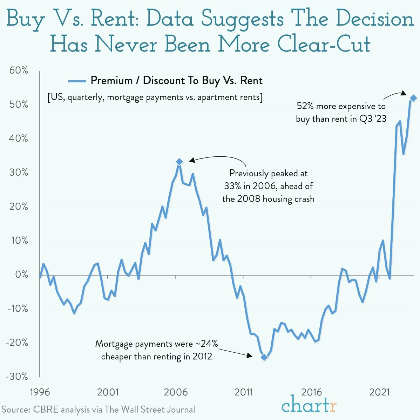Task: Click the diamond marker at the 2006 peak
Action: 179,162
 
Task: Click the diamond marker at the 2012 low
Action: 264,357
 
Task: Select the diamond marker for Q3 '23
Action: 413,98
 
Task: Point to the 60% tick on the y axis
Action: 18,70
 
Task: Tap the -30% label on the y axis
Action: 17,377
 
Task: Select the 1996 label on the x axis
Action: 40,392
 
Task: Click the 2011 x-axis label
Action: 243,392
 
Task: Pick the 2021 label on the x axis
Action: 379,392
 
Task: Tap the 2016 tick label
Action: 311,392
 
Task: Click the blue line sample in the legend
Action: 77,81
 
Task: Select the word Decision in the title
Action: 375,19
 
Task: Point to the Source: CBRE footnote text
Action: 98,409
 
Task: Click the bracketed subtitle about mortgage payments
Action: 155,97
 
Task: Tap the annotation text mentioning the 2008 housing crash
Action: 268,199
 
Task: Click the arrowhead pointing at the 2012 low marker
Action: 250,355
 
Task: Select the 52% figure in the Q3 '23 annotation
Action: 305,106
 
